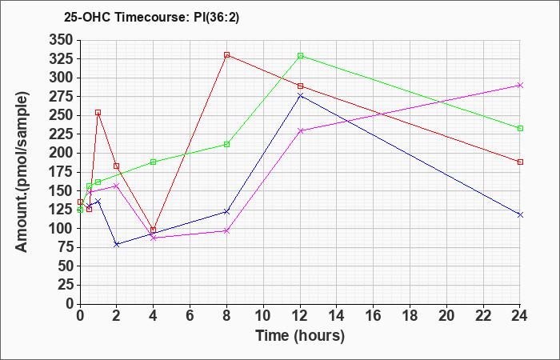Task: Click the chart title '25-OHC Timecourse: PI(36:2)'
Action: coord(151,17)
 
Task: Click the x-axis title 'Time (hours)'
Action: coord(300,336)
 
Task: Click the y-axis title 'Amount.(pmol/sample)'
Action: coord(22,172)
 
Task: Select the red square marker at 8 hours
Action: coord(226,55)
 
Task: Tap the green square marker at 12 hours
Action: coord(300,56)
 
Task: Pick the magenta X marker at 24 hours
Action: coord(520,86)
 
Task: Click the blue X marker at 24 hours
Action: coord(520,214)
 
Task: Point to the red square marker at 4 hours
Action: coord(154,230)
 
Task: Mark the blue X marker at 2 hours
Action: coord(117,244)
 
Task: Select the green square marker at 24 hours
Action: coord(520,129)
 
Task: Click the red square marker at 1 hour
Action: coord(98,113)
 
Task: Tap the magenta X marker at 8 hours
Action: coord(226,231)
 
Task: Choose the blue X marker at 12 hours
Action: coord(300,96)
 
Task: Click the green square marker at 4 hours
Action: coord(154,162)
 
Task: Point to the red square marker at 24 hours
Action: coord(520,162)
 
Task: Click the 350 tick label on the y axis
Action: coord(61,40)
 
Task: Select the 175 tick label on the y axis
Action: coord(61,172)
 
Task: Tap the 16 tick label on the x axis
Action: coord(374,316)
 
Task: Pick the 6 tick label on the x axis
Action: coord(190,316)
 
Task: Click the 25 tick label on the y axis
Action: coord(66,286)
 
